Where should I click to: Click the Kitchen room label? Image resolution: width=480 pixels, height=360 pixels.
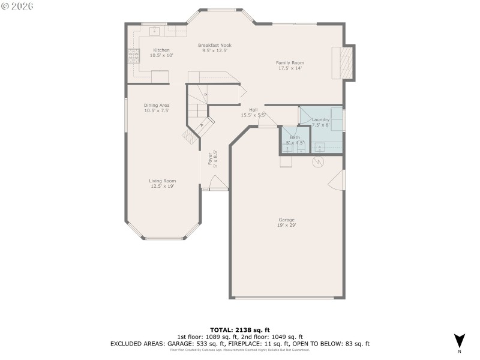(161, 50)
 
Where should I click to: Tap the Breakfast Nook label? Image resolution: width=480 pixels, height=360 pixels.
(215, 45)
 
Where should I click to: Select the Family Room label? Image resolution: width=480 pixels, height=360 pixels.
(290, 62)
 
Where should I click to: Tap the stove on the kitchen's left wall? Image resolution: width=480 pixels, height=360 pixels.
(132, 56)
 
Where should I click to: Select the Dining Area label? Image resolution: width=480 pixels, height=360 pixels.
(157, 105)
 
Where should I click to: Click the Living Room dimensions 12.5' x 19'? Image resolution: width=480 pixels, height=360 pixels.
(163, 186)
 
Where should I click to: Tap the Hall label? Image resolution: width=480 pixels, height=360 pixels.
(253, 110)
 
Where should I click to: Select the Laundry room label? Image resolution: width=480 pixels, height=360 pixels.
(320, 120)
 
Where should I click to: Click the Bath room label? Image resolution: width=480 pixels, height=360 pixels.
(295, 137)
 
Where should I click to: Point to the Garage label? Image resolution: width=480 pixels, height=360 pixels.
(287, 219)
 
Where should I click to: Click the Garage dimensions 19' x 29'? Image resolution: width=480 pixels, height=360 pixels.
(287, 225)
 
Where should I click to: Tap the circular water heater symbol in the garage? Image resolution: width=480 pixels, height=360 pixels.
(318, 162)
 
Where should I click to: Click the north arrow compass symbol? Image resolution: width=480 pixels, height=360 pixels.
(459, 340)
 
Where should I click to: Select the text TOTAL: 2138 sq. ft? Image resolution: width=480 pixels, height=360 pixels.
(239, 330)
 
